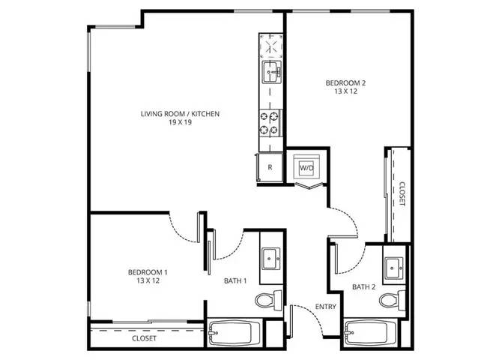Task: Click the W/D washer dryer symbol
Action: point(306,167)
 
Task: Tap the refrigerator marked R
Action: point(270,167)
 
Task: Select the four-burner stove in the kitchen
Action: point(270,123)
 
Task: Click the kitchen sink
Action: point(272,73)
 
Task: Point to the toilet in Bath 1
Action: point(268,300)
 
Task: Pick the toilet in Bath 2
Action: point(393,301)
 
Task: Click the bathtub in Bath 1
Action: point(231,334)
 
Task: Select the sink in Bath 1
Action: point(271,259)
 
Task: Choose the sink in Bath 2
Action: point(394,268)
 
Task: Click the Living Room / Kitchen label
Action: point(181,114)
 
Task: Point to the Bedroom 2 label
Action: point(345,83)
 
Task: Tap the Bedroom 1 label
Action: point(148,272)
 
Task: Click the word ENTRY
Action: point(326,307)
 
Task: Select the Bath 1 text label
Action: point(235,281)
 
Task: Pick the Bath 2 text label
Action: point(363,287)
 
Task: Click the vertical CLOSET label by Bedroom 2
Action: point(402,193)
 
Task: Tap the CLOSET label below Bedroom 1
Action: point(145,338)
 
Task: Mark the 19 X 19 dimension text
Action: point(181,122)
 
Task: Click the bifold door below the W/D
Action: point(309,186)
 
